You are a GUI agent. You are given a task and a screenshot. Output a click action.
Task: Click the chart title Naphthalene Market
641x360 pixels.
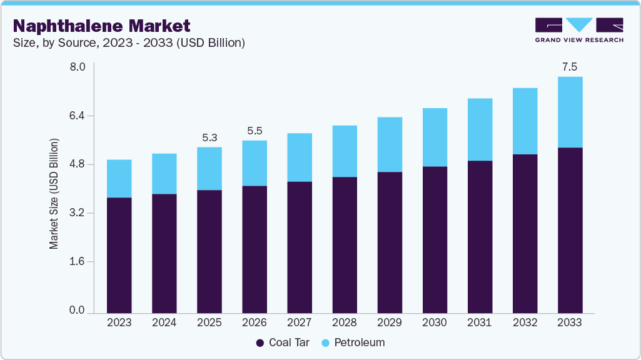102,26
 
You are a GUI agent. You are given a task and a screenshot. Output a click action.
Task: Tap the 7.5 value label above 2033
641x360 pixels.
570,67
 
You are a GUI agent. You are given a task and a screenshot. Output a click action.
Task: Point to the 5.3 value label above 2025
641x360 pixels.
209,137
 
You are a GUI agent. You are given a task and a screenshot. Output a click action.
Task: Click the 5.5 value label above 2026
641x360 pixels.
255,131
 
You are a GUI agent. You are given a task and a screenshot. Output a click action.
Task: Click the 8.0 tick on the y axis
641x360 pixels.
76,67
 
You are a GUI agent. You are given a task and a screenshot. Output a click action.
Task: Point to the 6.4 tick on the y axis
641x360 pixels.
76,116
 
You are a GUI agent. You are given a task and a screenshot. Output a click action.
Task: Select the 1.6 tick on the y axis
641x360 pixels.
76,261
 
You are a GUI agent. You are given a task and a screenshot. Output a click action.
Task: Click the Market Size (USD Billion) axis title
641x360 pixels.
54,194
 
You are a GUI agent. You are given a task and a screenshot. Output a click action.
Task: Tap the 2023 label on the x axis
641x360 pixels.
119,322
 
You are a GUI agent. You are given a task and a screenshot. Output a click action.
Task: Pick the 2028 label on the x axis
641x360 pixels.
345,322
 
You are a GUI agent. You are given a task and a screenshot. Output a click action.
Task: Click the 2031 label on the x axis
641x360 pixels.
480,322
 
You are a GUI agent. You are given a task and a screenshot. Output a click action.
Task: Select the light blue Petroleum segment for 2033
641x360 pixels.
570,112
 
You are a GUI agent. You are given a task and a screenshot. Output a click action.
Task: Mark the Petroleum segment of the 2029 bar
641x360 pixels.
390,144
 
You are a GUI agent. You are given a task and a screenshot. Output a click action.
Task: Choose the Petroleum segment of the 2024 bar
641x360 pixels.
164,174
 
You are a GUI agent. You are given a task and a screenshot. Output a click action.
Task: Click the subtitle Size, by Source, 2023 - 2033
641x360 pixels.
129,43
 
